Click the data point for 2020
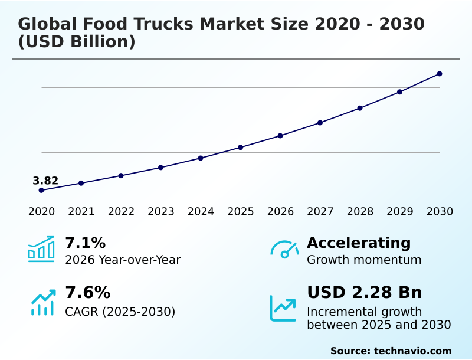41,190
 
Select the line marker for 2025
240,147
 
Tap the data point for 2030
440,74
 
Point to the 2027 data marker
320,123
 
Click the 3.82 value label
45,181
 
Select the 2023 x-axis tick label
160,212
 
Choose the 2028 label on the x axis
360,212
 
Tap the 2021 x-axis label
81,212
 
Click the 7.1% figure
85,243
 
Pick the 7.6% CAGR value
87,293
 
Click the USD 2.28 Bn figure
364,293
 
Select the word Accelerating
359,243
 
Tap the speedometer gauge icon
284,249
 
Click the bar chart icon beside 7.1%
41,249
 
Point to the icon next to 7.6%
42,302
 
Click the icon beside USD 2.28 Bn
283,308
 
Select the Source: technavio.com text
391,351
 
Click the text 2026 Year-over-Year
123,260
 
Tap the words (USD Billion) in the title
77,42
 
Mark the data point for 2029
399,92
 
